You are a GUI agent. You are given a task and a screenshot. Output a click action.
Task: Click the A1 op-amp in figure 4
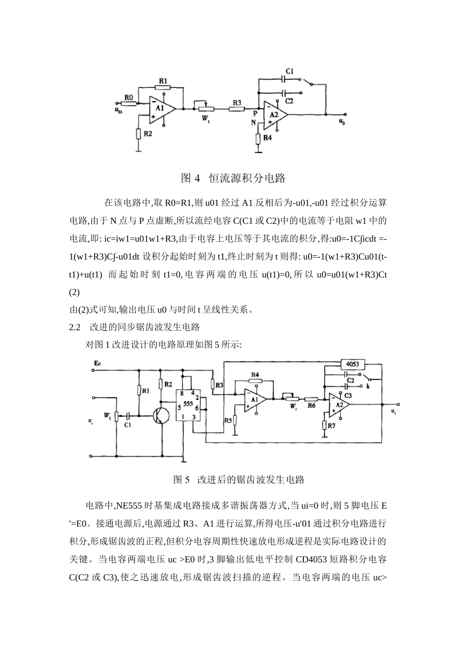coord(161,109)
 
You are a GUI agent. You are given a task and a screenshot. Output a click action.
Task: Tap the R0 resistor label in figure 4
coord(128,97)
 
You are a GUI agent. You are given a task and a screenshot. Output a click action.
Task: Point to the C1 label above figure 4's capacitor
coord(289,71)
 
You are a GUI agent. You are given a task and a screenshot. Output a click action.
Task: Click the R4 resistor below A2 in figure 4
coord(258,139)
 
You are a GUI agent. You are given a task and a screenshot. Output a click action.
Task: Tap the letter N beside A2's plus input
coord(254,122)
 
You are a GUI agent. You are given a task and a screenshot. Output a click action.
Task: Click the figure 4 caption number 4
coord(197,179)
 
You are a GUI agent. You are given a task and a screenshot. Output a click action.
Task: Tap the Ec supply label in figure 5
coord(97,363)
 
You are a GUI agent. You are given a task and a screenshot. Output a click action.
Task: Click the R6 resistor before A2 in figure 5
coord(311,399)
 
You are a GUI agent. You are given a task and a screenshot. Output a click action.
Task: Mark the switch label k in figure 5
coord(368,385)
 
